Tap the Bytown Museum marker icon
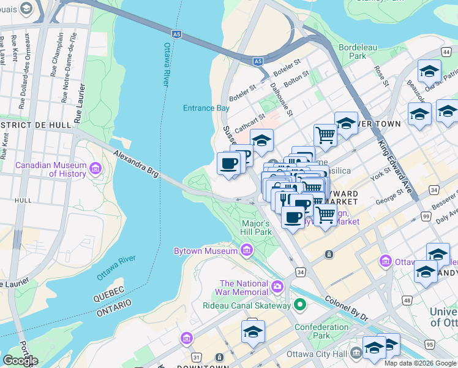[x=247, y=250]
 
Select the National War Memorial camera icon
[x=277, y=286]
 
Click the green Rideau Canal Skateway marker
[x=299, y=304]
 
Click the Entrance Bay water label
[x=206, y=108]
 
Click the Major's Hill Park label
[x=256, y=228]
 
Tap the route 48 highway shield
[x=407, y=301]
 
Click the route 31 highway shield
[x=196, y=357]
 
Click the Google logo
[x=20, y=360]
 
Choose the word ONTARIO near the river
[x=113, y=307]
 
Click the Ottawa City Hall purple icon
[x=356, y=354]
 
